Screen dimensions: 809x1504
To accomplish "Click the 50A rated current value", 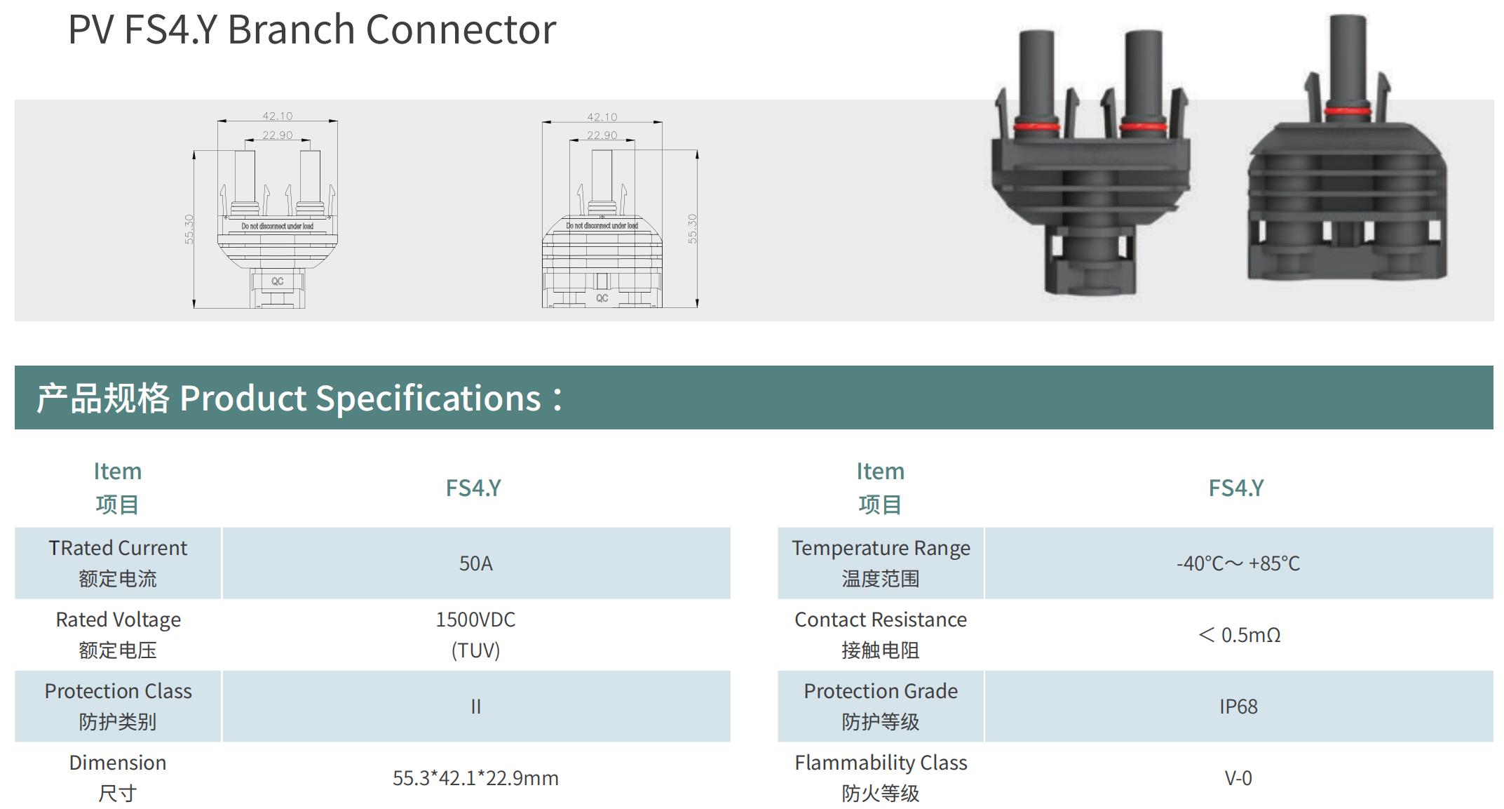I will [475, 563].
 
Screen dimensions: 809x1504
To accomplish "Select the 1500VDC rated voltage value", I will [475, 620].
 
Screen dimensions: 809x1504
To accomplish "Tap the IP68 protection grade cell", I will [1238, 707].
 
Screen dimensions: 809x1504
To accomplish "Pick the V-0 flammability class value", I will [1238, 778].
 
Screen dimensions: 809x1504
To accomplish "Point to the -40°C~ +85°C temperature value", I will [1238, 563].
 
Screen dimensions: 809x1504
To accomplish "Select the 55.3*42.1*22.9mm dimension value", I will [475, 778].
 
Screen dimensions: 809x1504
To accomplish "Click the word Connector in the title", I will [461, 30].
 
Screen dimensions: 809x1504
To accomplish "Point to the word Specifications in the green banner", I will [428, 399].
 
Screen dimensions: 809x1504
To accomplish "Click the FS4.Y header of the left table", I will [473, 488].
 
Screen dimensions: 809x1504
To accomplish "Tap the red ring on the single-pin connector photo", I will [1348, 111].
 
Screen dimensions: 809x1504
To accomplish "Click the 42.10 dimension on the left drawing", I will [278, 116].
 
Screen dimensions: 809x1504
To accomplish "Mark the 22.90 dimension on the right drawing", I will [602, 135].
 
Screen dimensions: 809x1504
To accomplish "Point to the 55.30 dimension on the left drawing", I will [189, 229].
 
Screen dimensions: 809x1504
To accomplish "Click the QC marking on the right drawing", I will [602, 298].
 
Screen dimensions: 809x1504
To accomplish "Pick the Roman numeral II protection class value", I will [475, 707].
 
